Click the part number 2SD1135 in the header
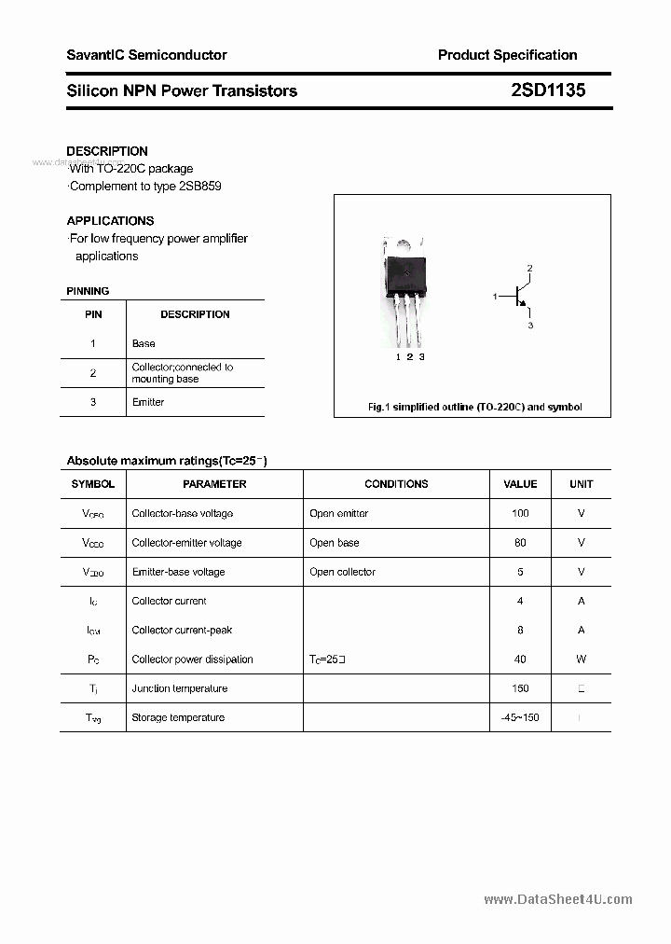click(548, 90)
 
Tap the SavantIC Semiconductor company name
click(146, 55)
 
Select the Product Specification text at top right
click(507, 55)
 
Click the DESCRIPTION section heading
click(107, 151)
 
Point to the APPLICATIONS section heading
click(110, 221)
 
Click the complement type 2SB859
click(200, 186)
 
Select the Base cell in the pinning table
click(144, 344)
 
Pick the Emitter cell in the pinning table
click(148, 402)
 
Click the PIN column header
click(93, 314)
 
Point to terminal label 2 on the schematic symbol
click(529, 269)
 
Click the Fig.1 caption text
click(473, 407)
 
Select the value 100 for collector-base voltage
click(520, 513)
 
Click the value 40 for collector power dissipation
click(520, 659)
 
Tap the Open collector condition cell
click(342, 572)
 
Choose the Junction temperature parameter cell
click(179, 688)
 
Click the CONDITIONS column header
click(396, 484)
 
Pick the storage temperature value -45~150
click(519, 717)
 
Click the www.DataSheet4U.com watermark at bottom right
click(557, 899)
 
